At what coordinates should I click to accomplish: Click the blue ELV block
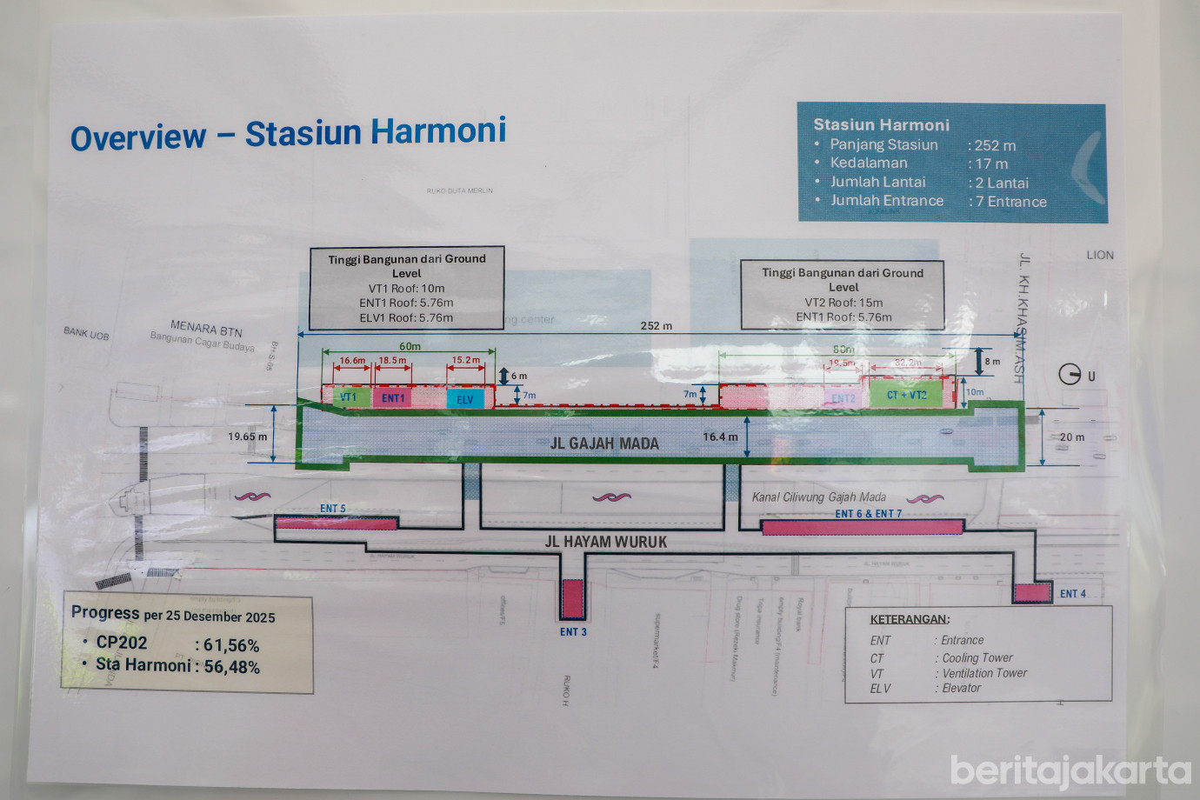click(x=465, y=399)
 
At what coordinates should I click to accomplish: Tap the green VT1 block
click(x=348, y=397)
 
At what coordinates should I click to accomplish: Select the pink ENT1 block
click(x=393, y=398)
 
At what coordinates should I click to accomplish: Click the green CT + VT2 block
click(x=906, y=395)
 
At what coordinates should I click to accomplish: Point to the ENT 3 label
click(x=573, y=632)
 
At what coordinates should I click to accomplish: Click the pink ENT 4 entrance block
click(x=1033, y=593)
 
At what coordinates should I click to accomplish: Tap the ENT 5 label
click(x=332, y=509)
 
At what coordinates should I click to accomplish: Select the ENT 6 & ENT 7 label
click(x=868, y=514)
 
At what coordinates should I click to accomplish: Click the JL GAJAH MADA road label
click(x=604, y=443)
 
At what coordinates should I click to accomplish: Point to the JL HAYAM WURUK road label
click(x=605, y=542)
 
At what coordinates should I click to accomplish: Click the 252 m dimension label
click(x=656, y=326)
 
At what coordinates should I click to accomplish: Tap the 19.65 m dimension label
click(x=248, y=437)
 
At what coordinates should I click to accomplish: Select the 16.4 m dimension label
click(x=720, y=437)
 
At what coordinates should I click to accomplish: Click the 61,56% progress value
click(x=231, y=645)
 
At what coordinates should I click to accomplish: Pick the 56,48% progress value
click(x=231, y=667)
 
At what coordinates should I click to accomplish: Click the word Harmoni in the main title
click(x=438, y=131)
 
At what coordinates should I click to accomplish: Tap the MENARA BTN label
click(x=206, y=329)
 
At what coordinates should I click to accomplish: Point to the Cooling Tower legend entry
click(x=977, y=658)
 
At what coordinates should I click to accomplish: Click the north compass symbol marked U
click(x=1070, y=375)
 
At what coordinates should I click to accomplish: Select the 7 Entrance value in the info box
click(x=1010, y=202)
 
